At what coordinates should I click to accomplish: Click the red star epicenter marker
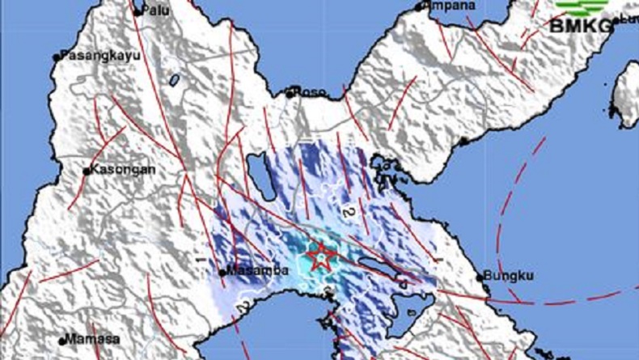pyautogui.click(x=321, y=257)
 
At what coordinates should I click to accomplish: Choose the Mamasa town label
pyautogui.click(x=93, y=339)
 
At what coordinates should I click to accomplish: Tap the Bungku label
pyautogui.click(x=513, y=276)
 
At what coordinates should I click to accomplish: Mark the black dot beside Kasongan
pyautogui.click(x=87, y=171)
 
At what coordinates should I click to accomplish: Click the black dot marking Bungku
pyautogui.click(x=485, y=277)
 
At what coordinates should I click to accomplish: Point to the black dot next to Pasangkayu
pyautogui.click(x=57, y=57)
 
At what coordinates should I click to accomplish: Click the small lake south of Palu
pyautogui.click(x=174, y=79)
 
